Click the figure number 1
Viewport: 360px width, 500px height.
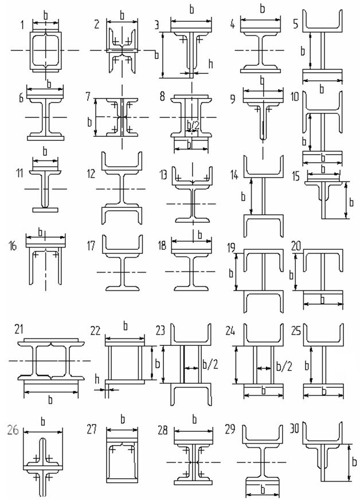point(21,25)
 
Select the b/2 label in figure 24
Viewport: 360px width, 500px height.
point(283,365)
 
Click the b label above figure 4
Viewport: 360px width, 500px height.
point(263,9)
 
